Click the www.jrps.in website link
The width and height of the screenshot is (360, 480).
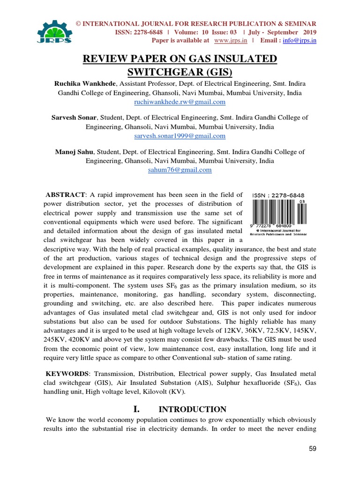coord(230,40)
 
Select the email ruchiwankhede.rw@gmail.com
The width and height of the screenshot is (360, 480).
coord(180,102)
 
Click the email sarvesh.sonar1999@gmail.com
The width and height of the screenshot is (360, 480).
coord(180,136)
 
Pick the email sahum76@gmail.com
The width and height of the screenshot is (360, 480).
coord(180,170)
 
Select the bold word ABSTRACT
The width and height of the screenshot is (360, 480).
coord(65,195)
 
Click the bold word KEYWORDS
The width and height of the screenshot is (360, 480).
coord(67,374)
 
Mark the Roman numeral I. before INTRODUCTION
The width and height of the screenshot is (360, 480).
coord(137,409)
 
